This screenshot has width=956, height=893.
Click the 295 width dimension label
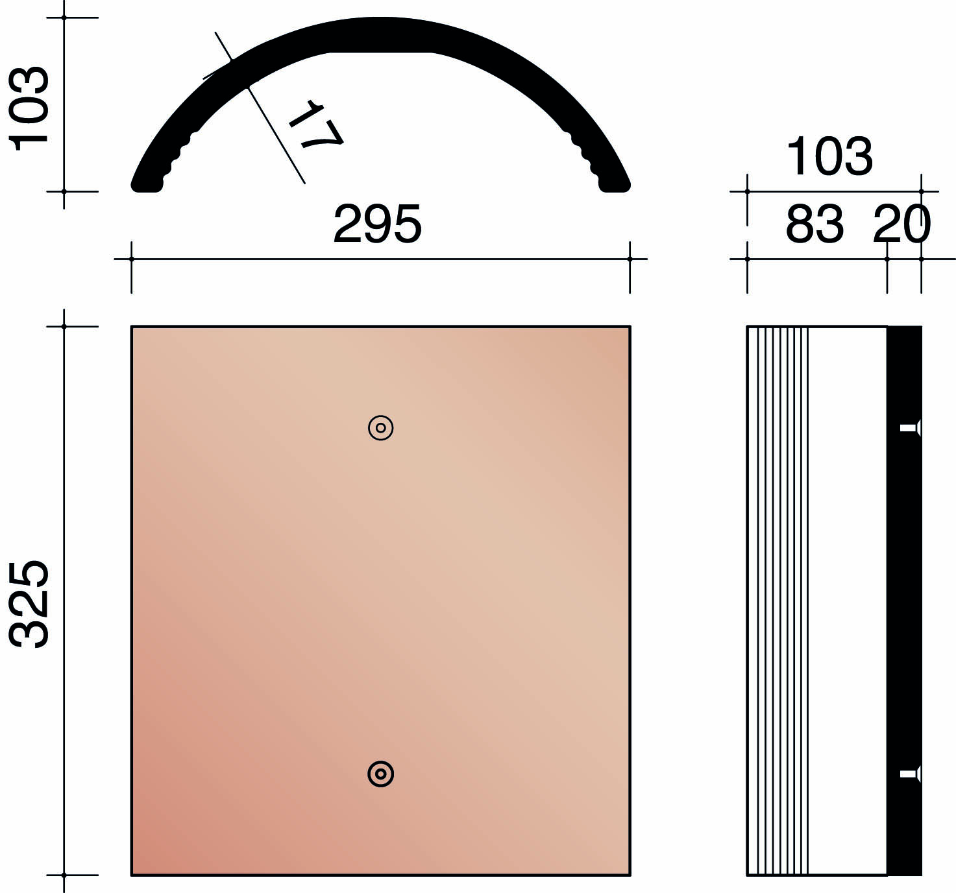click(x=377, y=224)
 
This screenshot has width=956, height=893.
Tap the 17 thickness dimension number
click(x=315, y=125)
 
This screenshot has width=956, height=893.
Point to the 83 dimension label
click(x=815, y=224)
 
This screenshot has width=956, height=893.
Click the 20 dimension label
click(x=902, y=224)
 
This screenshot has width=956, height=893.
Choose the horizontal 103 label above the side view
click(x=829, y=157)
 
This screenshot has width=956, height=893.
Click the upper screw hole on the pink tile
click(x=381, y=428)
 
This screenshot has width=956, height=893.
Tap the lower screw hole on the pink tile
click(x=381, y=774)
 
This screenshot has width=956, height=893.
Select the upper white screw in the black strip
click(x=909, y=428)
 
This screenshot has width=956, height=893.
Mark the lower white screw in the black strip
click(x=909, y=774)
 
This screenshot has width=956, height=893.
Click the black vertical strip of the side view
click(x=904, y=584)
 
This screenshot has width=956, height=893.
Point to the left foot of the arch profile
click(x=147, y=184)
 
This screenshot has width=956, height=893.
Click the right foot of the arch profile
click(x=615, y=184)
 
